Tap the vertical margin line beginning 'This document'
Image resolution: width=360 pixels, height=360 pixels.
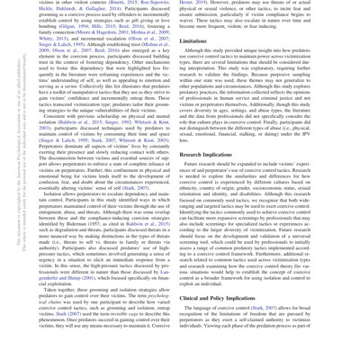tap(7, 180)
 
